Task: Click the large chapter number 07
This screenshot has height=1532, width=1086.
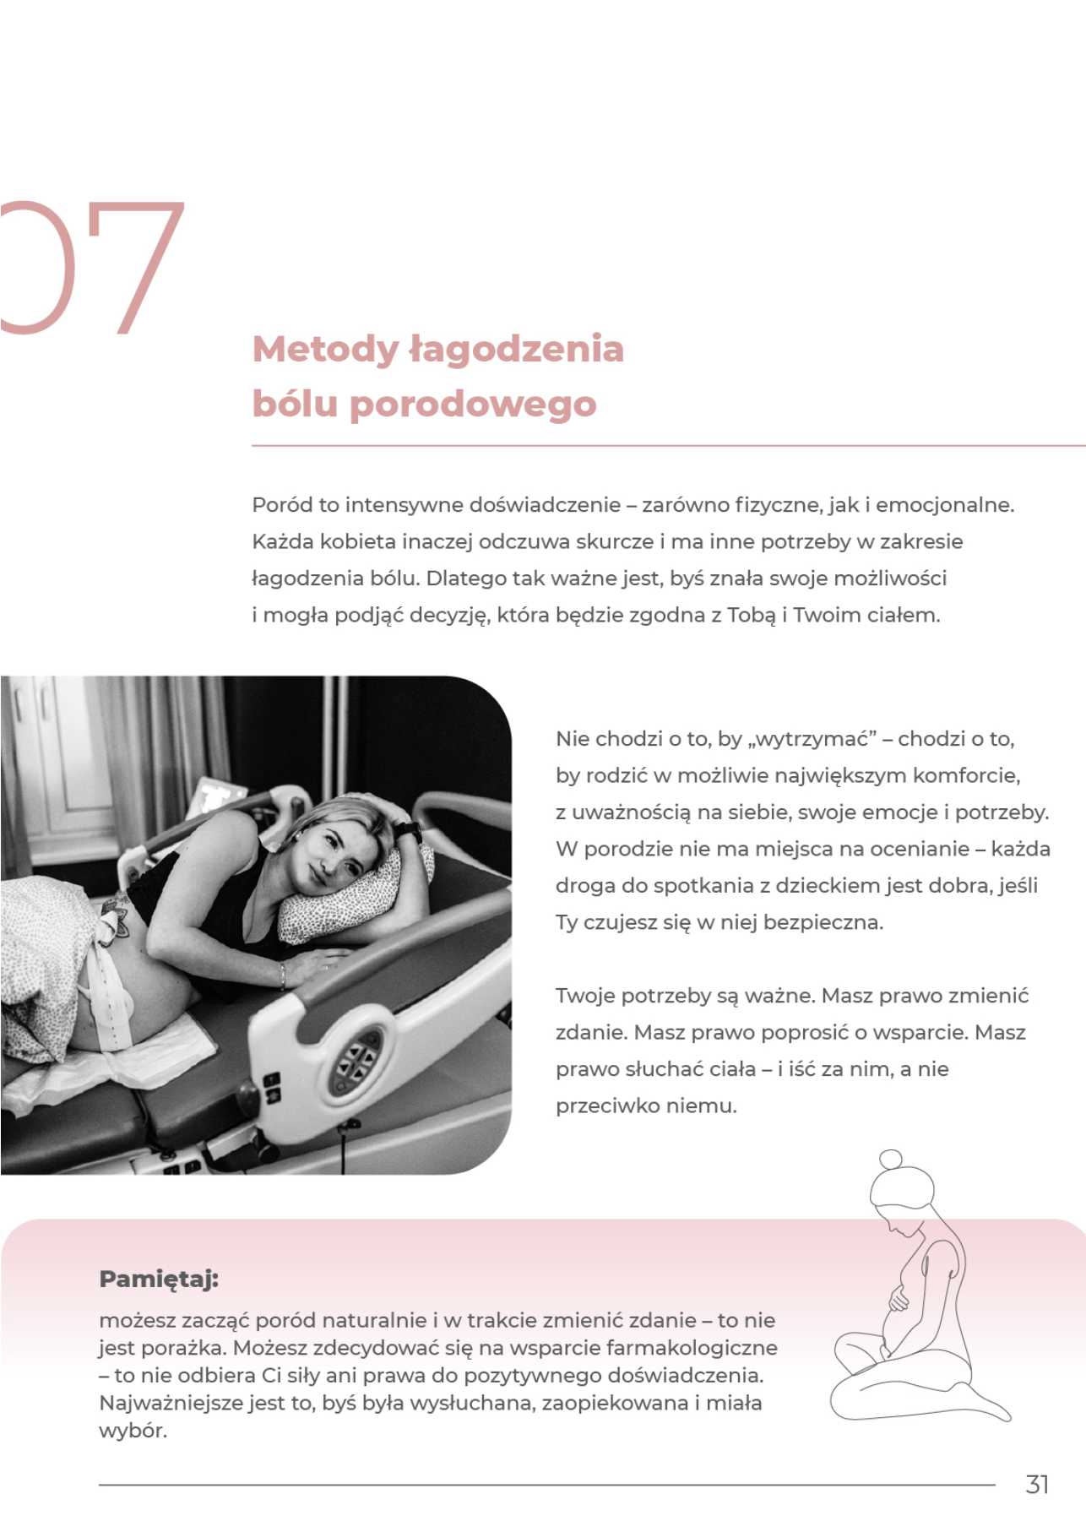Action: click(x=93, y=268)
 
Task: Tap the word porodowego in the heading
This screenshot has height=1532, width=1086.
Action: click(x=473, y=404)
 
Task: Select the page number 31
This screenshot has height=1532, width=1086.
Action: click(x=1037, y=1484)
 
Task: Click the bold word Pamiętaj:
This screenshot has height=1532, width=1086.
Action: click(x=159, y=1279)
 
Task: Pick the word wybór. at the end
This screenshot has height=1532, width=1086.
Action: click(x=133, y=1431)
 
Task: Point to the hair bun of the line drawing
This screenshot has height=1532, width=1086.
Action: click(x=890, y=1159)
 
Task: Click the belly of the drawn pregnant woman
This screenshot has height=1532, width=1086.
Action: click(x=897, y=1322)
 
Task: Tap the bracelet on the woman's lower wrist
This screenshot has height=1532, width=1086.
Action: click(x=282, y=975)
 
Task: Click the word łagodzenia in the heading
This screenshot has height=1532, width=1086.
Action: click(x=516, y=350)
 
